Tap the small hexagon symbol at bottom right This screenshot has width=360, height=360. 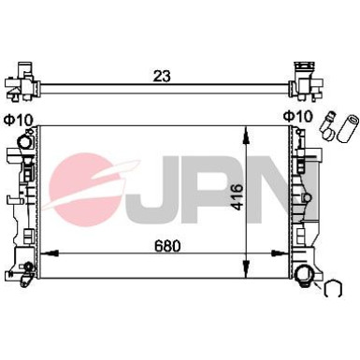[x=333, y=290]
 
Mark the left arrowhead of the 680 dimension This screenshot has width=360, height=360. [x=49, y=254]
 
